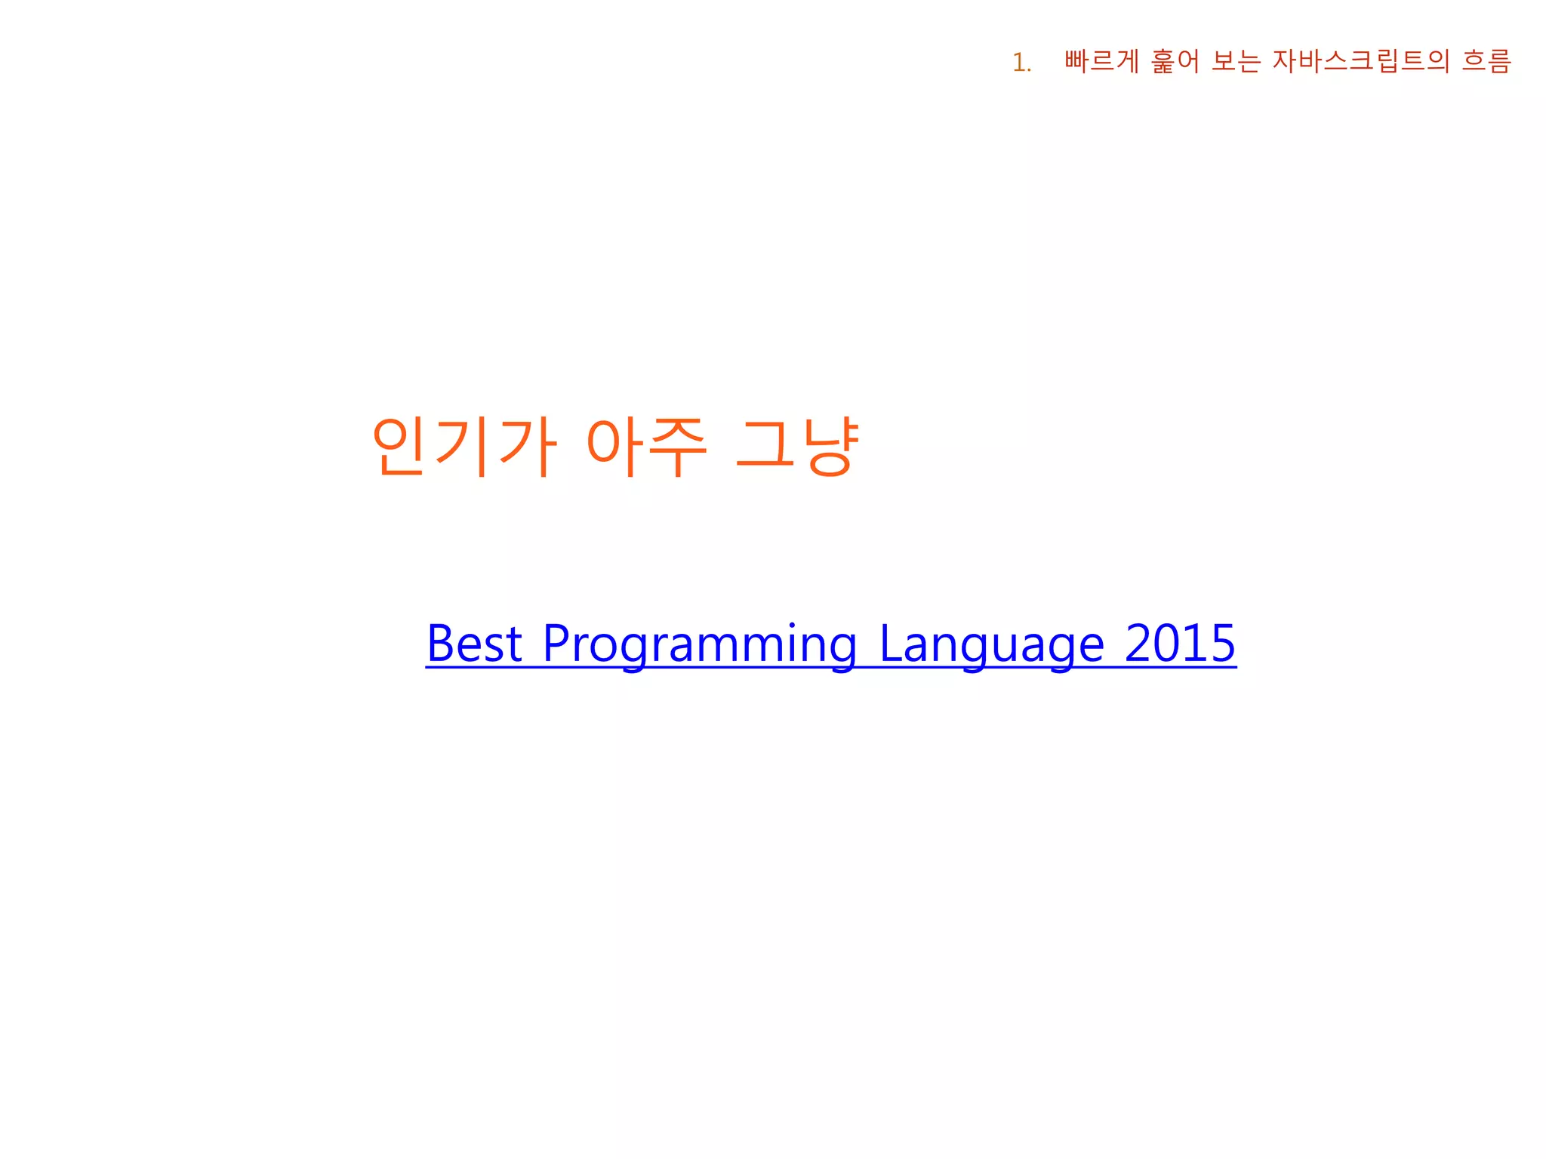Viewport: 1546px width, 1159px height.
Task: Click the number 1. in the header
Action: coord(1021,62)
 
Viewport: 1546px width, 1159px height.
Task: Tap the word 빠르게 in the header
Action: coord(1101,60)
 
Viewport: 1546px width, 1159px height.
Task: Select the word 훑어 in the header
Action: coord(1175,60)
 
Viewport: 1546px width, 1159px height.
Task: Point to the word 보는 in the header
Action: coord(1236,60)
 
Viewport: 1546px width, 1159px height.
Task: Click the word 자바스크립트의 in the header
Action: coord(1360,60)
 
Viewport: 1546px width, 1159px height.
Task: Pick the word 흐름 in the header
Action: coord(1486,60)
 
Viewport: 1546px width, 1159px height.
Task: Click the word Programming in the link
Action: coord(699,645)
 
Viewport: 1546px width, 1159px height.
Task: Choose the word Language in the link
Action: coord(991,645)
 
